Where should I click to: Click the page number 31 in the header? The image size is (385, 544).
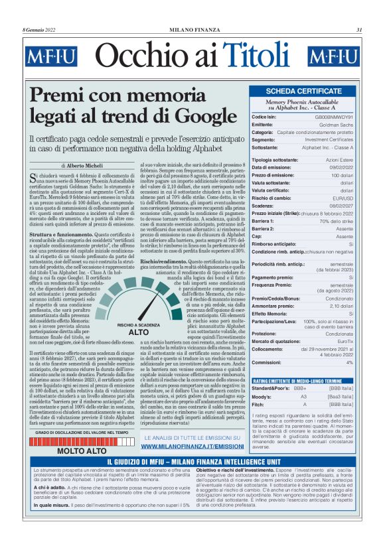pyautogui.click(x=359, y=29)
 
